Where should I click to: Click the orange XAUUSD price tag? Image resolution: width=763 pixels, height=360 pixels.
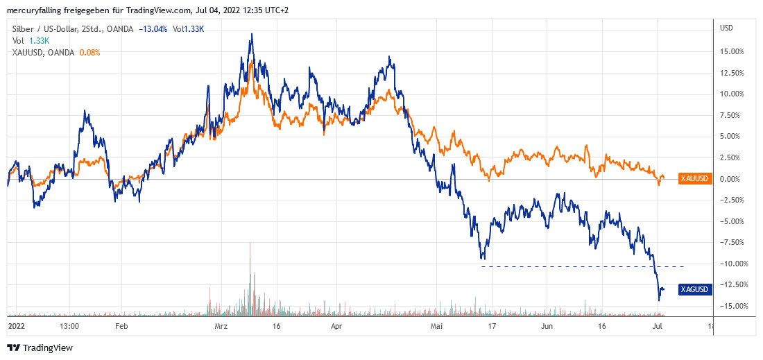(x=694, y=178)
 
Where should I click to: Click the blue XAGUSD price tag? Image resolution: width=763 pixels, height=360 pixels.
(x=694, y=289)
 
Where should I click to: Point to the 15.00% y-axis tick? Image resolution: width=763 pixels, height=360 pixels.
(x=732, y=52)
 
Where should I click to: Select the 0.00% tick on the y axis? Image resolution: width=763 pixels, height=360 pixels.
(x=734, y=179)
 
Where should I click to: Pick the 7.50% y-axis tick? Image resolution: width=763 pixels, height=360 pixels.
(x=734, y=116)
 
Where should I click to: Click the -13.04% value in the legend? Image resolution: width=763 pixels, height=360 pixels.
(x=153, y=29)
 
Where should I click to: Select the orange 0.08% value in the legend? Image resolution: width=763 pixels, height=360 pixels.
(x=90, y=52)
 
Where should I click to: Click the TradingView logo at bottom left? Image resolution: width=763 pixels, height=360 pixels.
(x=40, y=348)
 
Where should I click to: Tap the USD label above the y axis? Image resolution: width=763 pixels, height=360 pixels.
(x=727, y=28)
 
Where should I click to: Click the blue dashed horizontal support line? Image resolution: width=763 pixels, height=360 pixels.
(x=583, y=266)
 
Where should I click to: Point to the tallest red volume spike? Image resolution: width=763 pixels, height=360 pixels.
(x=249, y=243)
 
